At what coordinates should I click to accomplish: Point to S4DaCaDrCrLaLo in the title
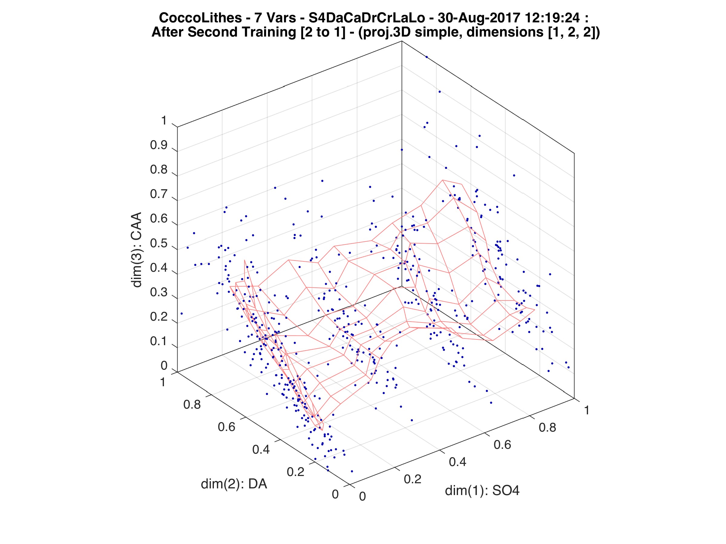click(x=367, y=18)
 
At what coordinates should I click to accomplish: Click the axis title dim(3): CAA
click(x=136, y=250)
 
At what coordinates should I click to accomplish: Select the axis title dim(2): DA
click(x=234, y=484)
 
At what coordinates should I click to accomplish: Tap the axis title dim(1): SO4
click(x=482, y=491)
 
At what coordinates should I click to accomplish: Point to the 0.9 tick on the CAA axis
click(x=159, y=145)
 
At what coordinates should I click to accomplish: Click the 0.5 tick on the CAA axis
click(x=159, y=244)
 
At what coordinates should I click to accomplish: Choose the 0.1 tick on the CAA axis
click(x=159, y=341)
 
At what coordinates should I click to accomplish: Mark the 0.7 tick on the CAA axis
click(x=159, y=194)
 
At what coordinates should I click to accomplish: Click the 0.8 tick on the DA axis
click(x=192, y=405)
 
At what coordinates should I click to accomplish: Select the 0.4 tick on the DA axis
click(x=261, y=449)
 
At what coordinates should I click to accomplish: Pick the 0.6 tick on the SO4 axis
click(x=502, y=445)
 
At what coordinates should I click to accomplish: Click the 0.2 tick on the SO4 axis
click(x=413, y=479)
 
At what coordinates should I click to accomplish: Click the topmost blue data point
click(x=427, y=57)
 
